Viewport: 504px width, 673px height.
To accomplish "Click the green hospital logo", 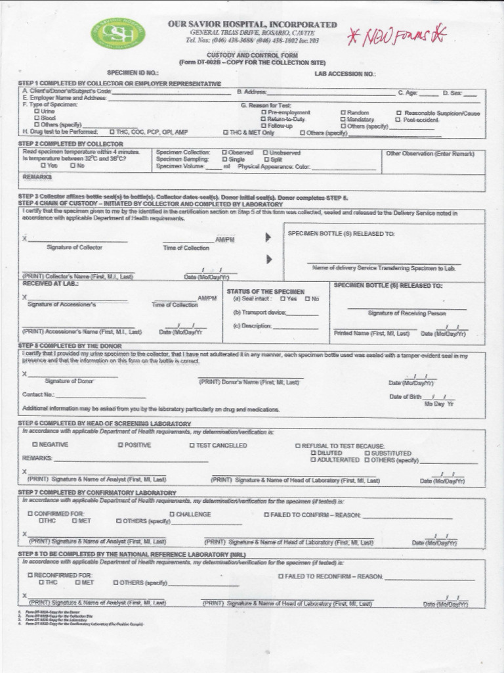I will pyautogui.click(x=119, y=33).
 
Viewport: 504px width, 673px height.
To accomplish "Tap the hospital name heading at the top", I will pyautogui.click(x=252, y=24).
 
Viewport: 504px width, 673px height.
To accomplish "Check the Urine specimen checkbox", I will pyautogui.click(x=37, y=112).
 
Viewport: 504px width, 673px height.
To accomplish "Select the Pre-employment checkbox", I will pyautogui.click(x=264, y=113).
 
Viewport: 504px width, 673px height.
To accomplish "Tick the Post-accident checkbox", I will pyautogui.click(x=398, y=120).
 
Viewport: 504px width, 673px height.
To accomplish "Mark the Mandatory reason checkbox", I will pyautogui.click(x=343, y=120).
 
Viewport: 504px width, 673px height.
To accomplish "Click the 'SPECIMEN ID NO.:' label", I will pyautogui.click(x=133, y=73).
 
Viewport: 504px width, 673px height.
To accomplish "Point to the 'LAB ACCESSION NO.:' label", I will pyautogui.click(x=345, y=74).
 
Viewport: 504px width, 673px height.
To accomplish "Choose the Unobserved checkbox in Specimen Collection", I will pyautogui.click(x=265, y=152).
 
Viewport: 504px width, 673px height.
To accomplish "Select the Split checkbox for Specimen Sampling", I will pyautogui.click(x=265, y=159).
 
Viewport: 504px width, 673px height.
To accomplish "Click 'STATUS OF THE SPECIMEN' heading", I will pyautogui.click(x=265, y=291).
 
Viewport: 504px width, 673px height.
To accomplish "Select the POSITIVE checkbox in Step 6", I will pyautogui.click(x=121, y=445).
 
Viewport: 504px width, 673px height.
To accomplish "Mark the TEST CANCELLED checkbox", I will pyautogui.click(x=192, y=446).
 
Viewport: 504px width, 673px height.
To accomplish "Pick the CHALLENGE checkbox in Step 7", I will pyautogui.click(x=172, y=514).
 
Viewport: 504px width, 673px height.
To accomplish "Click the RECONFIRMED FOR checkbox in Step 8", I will pyautogui.click(x=30, y=575).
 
